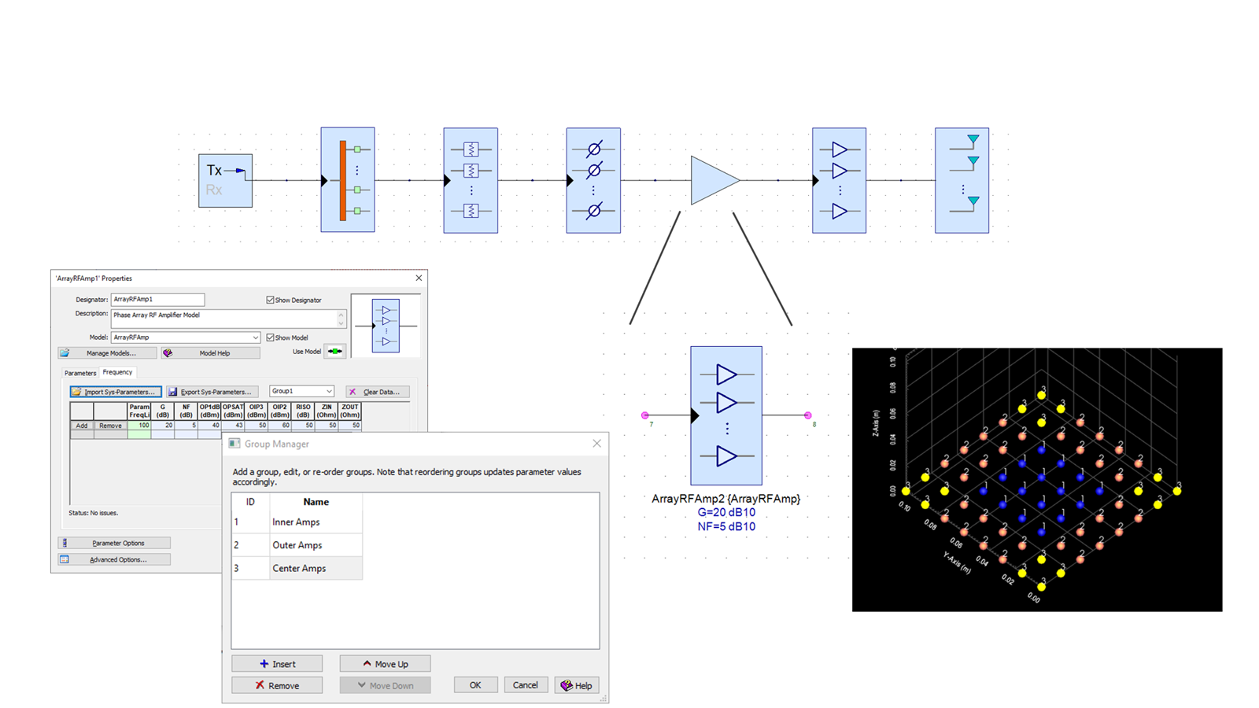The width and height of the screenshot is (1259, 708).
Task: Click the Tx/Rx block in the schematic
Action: point(225,180)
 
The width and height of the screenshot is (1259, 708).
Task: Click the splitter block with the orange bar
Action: point(347,179)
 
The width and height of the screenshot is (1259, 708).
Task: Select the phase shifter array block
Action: point(593,180)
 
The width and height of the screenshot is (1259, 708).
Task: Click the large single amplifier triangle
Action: point(712,180)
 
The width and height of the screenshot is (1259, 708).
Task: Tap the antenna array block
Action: point(962,180)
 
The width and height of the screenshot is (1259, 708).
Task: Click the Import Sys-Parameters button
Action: point(115,392)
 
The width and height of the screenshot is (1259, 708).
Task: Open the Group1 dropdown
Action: point(302,391)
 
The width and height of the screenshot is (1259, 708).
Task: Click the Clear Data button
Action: point(376,392)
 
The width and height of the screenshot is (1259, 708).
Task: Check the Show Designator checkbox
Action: point(270,300)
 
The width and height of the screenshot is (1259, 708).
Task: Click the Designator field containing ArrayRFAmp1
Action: point(157,299)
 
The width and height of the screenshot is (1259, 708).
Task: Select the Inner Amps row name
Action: point(296,522)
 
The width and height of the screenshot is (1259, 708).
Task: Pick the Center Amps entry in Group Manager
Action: point(299,568)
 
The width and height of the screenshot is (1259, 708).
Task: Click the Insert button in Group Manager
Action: point(277,664)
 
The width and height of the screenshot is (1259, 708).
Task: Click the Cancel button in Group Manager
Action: point(525,685)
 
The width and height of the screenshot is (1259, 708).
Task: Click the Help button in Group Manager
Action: point(576,685)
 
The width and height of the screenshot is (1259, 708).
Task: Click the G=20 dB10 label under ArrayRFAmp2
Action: point(725,513)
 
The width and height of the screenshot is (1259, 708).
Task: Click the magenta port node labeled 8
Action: point(807,415)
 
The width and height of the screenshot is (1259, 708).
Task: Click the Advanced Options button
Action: point(114,559)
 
